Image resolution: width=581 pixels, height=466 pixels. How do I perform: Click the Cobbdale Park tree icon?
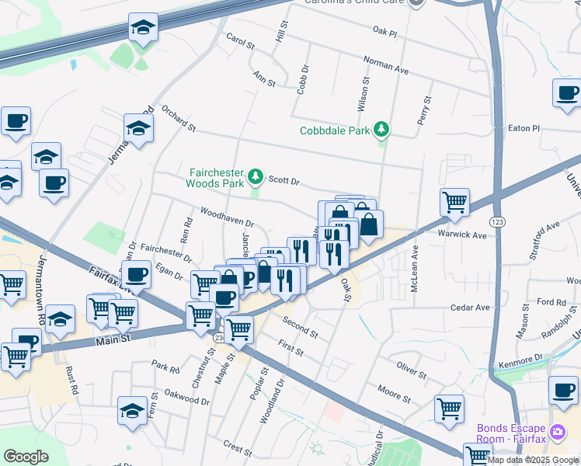click(381, 129)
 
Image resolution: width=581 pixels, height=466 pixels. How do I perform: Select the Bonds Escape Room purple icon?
click(556, 431)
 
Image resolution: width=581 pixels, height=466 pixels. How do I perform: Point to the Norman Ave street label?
click(386, 64)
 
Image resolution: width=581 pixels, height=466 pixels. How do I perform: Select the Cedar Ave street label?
click(471, 308)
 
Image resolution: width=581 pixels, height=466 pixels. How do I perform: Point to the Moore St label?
click(394, 392)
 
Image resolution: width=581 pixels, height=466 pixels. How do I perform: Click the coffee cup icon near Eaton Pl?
click(567, 93)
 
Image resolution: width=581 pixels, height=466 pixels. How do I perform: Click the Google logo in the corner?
click(26, 457)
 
